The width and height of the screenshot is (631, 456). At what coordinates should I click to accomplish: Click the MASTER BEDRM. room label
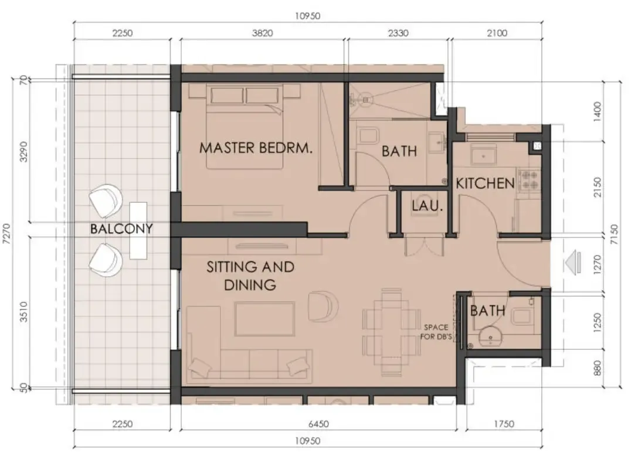(256, 148)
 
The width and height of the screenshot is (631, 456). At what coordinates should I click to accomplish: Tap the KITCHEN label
(485, 183)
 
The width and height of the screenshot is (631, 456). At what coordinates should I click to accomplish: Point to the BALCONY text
(121, 229)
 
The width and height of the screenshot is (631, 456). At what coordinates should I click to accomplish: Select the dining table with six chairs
(391, 331)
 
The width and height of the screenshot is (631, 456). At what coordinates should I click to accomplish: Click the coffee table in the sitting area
(264, 319)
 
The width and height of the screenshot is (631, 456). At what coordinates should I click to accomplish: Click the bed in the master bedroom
(247, 126)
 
